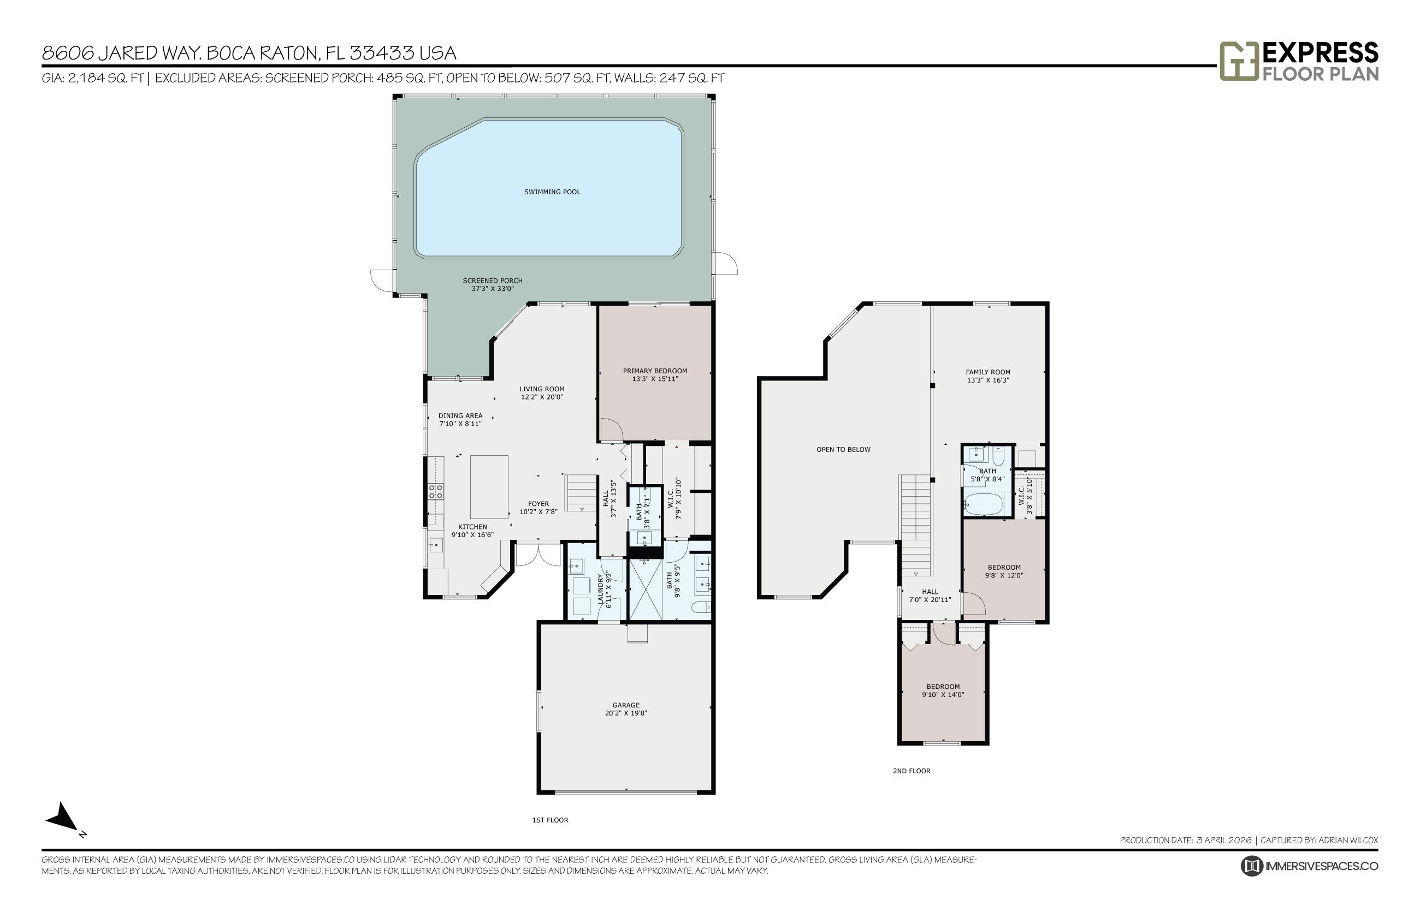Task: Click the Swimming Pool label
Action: coord(552,192)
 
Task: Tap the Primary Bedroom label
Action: coord(655,371)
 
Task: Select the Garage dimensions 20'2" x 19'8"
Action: coord(625,713)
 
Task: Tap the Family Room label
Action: coord(987,372)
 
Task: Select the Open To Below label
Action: coord(843,450)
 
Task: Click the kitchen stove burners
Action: coord(435,491)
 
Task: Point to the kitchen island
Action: coord(489,486)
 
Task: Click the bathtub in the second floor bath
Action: coord(985,504)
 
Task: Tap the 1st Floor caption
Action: coord(550,820)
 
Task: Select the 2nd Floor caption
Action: coord(912,771)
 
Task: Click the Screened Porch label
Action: coord(493,281)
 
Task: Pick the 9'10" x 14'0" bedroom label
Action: coord(943,690)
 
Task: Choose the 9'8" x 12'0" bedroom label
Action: coord(1004,571)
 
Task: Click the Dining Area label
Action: coord(460,416)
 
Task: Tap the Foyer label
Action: coord(538,504)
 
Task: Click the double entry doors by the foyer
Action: coord(538,555)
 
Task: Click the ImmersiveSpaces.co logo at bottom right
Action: coord(1309,866)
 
